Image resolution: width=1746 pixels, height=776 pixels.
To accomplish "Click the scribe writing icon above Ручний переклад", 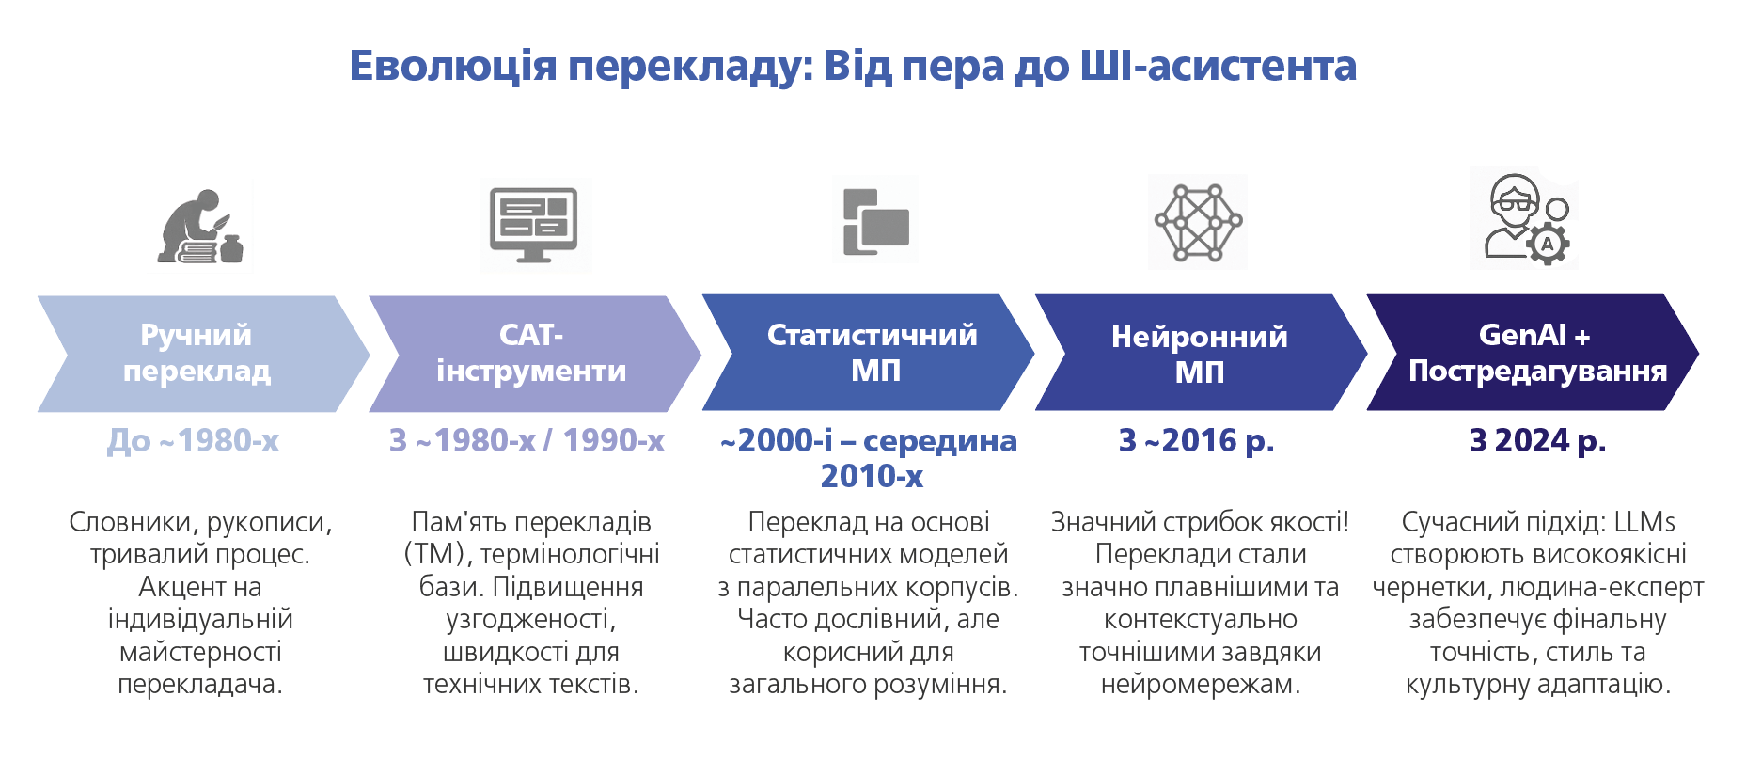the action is [x=200, y=227].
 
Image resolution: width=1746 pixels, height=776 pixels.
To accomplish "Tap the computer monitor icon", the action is [x=534, y=225].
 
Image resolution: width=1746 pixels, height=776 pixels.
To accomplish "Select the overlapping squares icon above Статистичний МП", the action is [x=875, y=222].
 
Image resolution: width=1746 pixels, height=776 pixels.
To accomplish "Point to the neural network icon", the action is [x=1199, y=221].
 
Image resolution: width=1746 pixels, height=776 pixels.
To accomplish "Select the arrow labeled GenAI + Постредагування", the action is [x=1533, y=353].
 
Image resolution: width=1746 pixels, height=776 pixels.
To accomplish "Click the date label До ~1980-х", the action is [x=194, y=440].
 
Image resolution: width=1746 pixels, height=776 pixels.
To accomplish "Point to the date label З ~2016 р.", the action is [x=1197, y=440].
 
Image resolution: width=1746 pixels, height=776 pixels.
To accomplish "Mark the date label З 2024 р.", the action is [x=1538, y=440].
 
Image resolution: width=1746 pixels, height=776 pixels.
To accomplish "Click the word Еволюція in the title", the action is [x=453, y=67].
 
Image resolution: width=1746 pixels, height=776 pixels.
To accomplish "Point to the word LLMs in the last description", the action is [x=1644, y=522].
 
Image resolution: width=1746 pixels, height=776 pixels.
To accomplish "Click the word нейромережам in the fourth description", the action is [x=1201, y=685].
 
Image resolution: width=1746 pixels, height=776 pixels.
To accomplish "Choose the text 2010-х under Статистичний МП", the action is [x=872, y=477].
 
